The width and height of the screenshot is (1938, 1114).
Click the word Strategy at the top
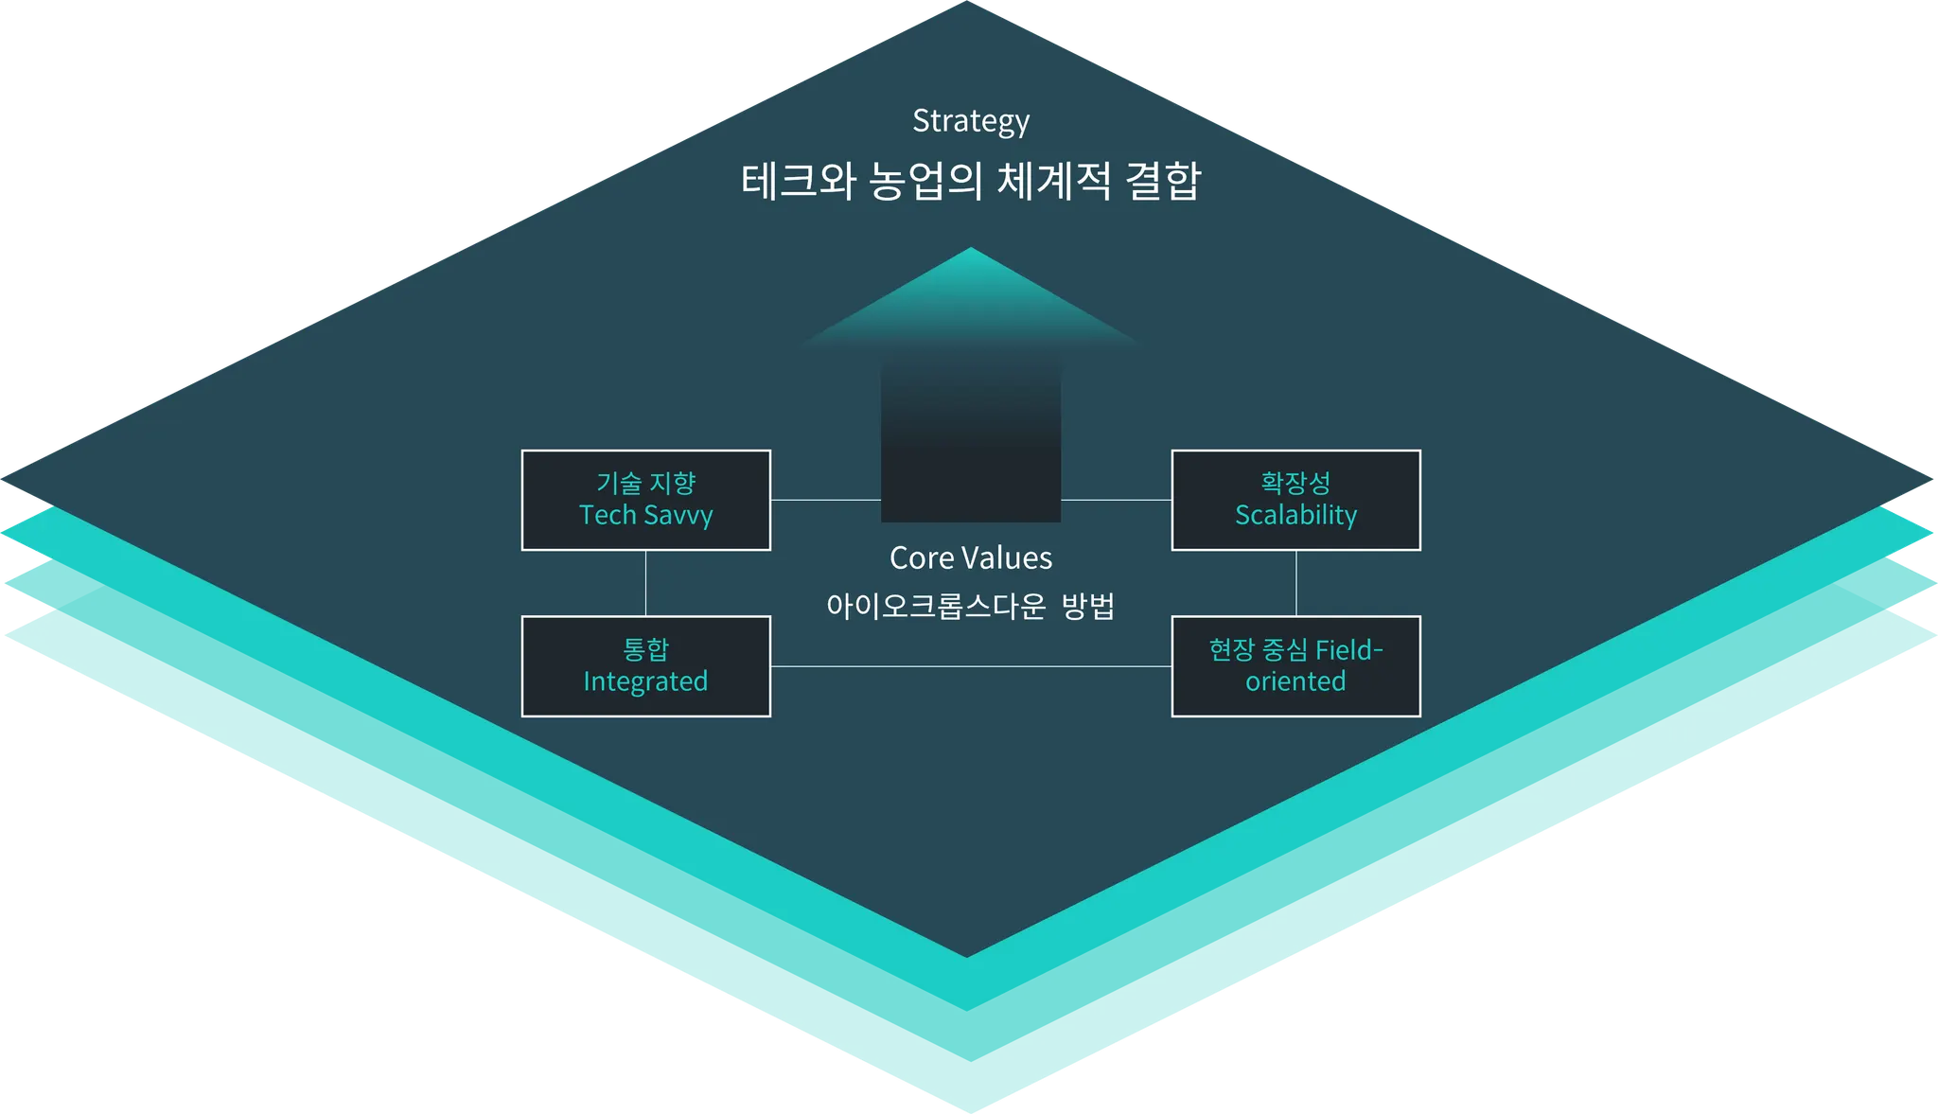[970, 121]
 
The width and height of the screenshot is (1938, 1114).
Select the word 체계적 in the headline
[1053, 181]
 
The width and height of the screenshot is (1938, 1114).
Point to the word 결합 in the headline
[1163, 181]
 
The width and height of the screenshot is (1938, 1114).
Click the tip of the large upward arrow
[970, 252]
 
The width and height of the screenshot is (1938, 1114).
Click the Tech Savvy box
[645, 500]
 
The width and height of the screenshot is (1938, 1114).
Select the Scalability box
[1295, 500]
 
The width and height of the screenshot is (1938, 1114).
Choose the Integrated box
[645, 666]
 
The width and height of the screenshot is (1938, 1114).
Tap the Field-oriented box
[1295, 666]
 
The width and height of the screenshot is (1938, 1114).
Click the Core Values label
[970, 558]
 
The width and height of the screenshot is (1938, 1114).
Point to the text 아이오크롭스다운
[935, 606]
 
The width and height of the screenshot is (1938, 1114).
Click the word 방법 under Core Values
[1088, 606]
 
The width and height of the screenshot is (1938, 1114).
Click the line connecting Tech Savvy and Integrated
[645, 583]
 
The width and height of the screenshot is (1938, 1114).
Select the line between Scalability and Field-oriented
[1295, 583]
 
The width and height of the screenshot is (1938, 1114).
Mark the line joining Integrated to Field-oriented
[970, 666]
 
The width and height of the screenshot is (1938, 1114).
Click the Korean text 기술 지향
[645, 484]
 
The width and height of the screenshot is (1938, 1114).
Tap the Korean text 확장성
[1295, 484]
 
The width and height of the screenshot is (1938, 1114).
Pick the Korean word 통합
[645, 649]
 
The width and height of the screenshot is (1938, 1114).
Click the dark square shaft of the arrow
[970, 454]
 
